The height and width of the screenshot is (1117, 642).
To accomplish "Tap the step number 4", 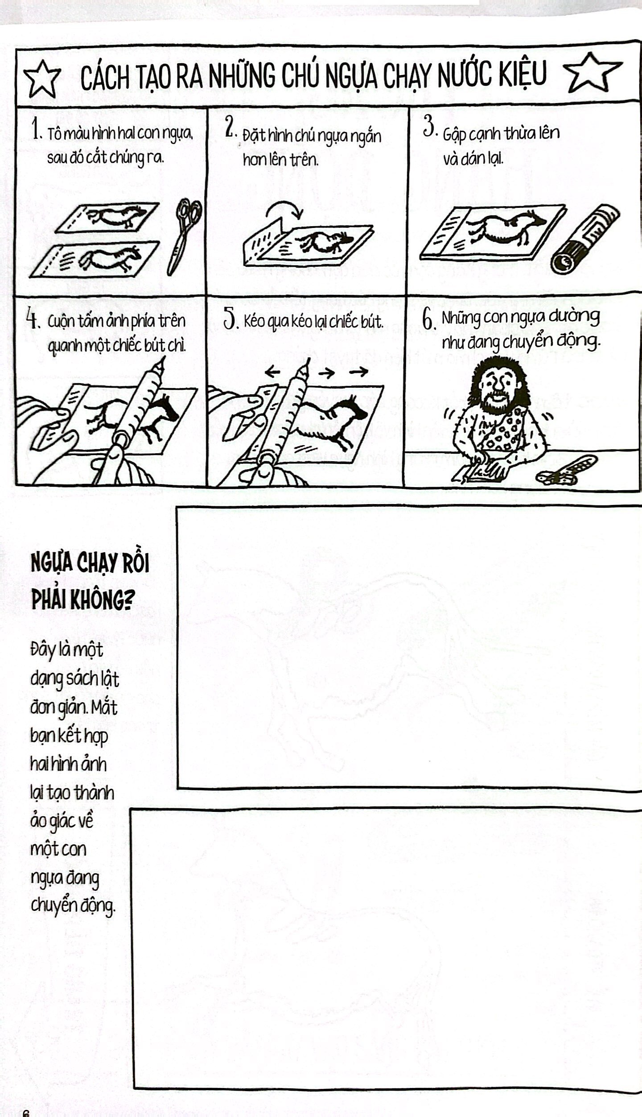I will [32, 319].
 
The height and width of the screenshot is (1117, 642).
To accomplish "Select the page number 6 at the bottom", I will [25, 1113].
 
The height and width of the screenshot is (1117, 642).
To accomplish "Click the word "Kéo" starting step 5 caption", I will [255, 322].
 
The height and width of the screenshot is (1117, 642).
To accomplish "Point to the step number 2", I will [230, 129].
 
